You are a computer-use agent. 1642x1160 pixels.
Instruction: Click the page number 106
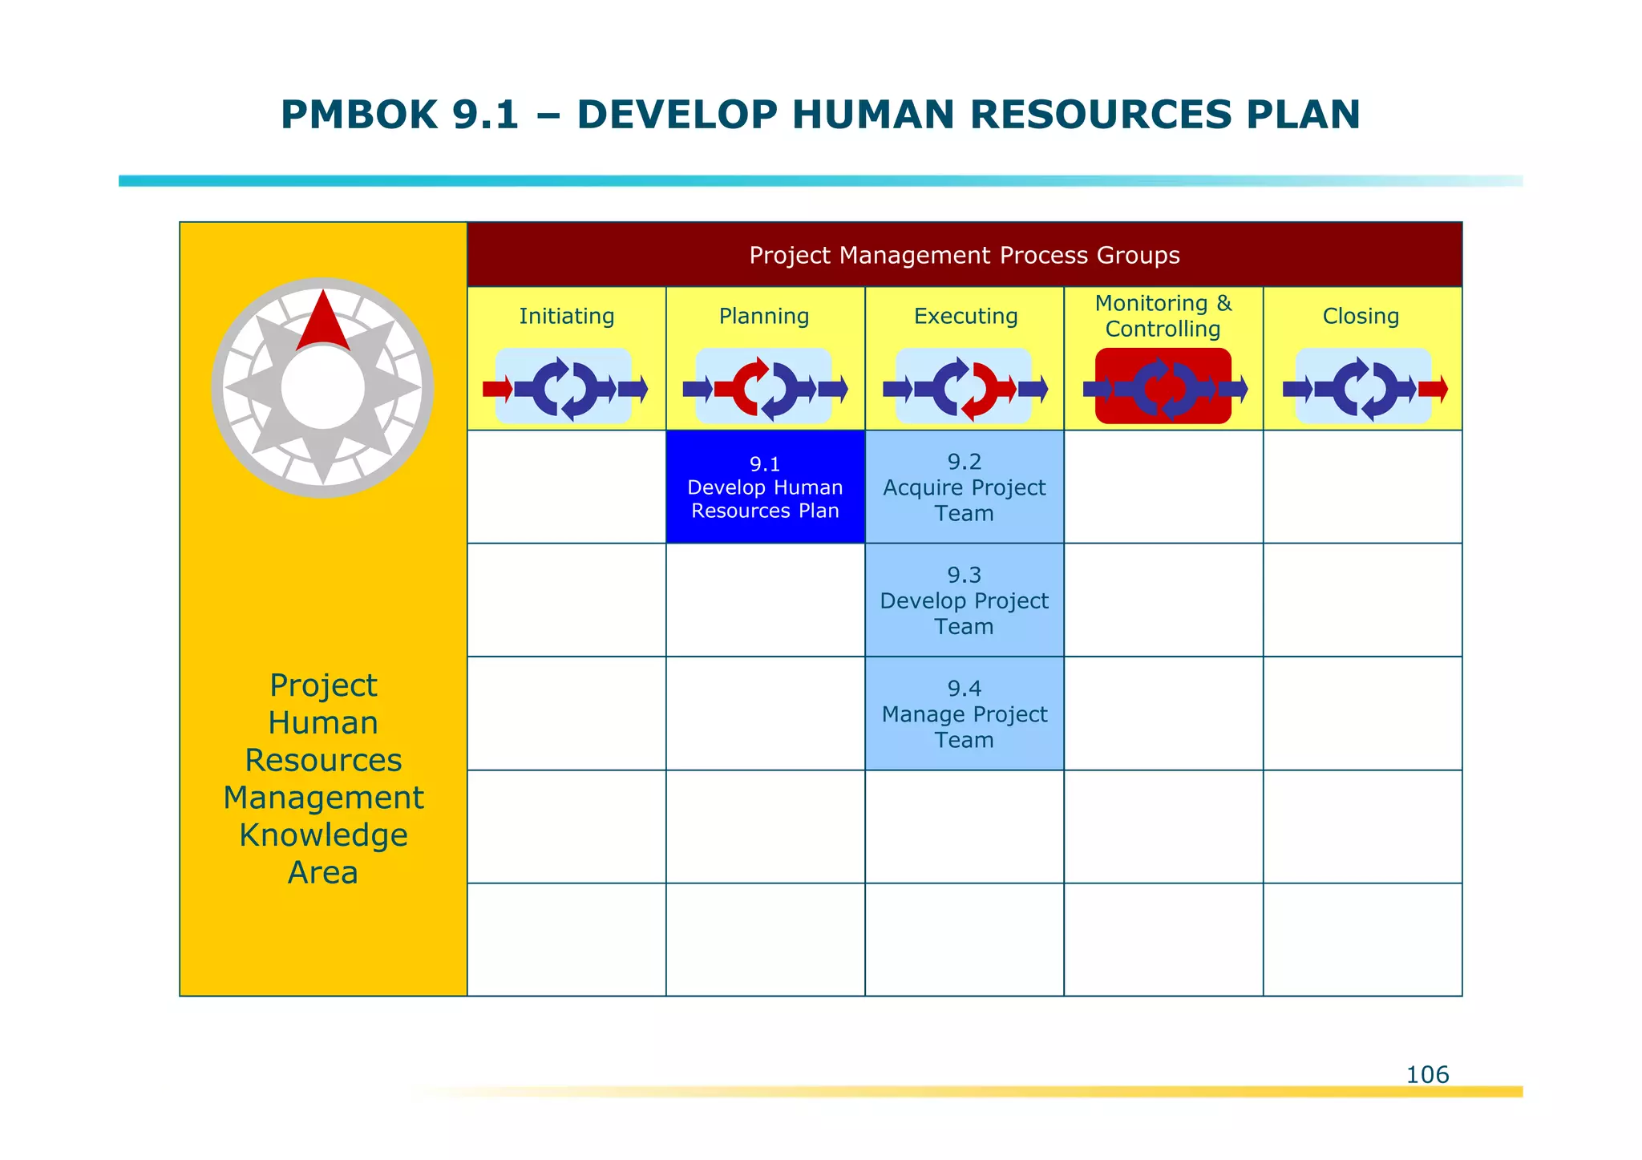click(1427, 1074)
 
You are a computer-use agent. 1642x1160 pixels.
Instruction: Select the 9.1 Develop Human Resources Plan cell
click(765, 487)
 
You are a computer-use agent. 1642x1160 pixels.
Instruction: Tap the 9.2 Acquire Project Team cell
click(964, 487)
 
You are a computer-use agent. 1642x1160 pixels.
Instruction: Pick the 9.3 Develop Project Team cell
click(964, 600)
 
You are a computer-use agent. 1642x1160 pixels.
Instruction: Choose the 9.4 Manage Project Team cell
click(964, 713)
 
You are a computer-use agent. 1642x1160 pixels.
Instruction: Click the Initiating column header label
click(566, 316)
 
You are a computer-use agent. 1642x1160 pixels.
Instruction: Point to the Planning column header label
click(764, 316)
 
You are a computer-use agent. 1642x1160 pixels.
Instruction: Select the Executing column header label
click(965, 316)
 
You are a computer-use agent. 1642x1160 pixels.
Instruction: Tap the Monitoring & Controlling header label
click(1163, 316)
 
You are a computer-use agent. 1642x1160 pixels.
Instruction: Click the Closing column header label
click(1361, 316)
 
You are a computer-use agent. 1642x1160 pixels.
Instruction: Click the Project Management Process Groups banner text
click(964, 255)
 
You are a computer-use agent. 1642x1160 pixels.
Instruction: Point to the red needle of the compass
click(322, 321)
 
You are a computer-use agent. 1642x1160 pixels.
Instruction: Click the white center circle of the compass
click(322, 388)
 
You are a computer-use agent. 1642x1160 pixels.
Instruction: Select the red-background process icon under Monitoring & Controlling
click(1163, 386)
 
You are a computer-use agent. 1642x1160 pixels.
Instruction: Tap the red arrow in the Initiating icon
click(497, 390)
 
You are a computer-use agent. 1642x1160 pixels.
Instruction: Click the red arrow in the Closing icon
click(1433, 390)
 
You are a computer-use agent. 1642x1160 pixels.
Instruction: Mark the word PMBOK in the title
click(358, 115)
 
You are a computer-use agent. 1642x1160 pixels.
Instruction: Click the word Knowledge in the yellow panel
click(323, 835)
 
